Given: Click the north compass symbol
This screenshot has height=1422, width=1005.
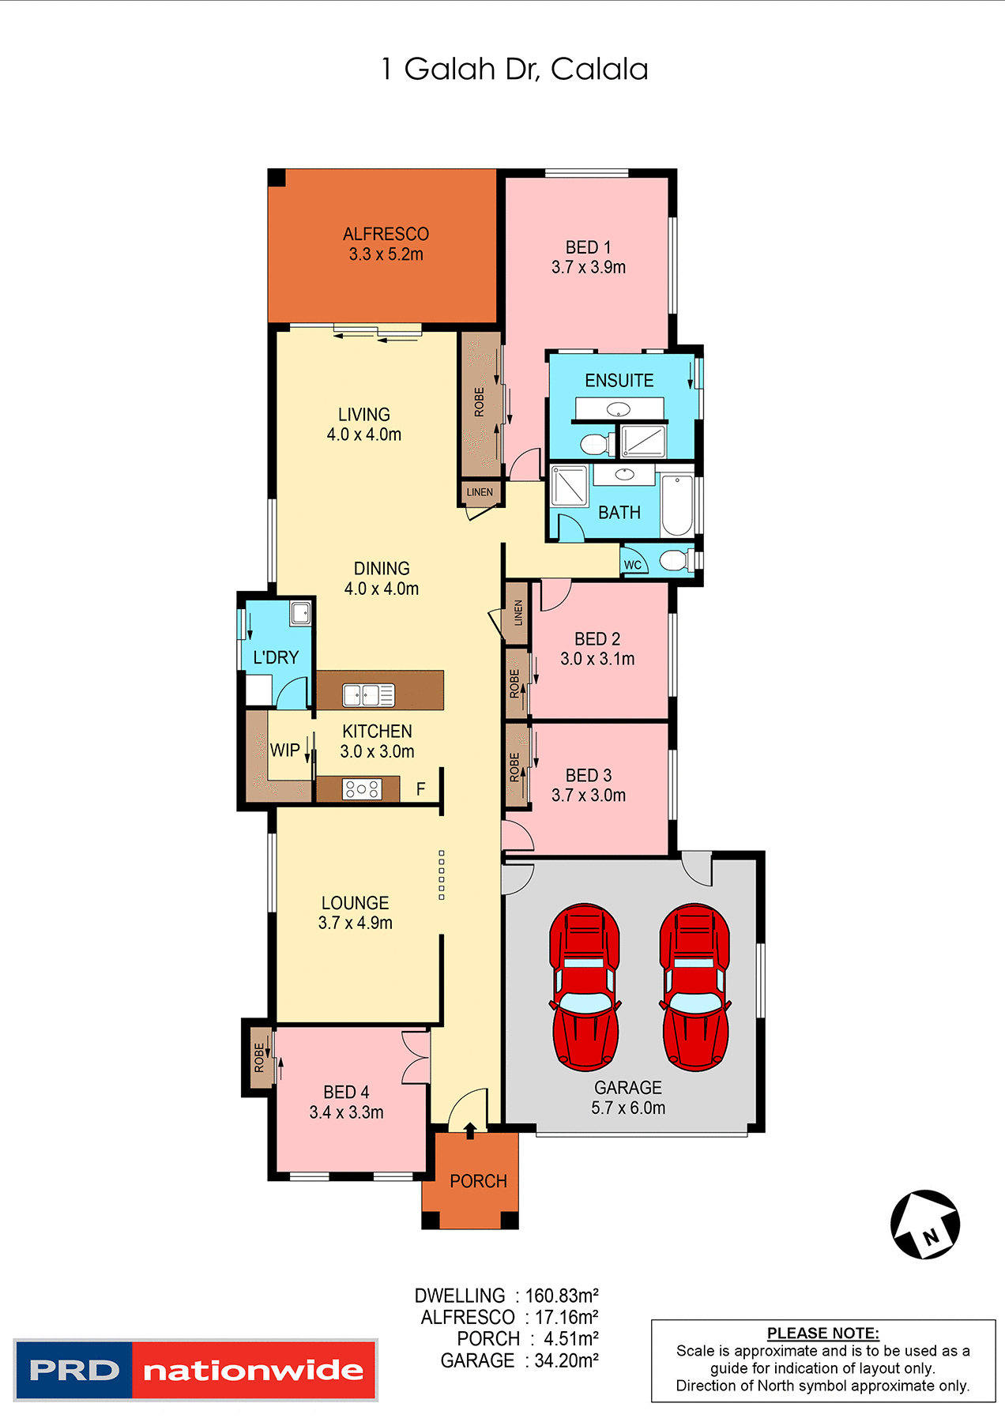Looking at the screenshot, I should pyautogui.click(x=925, y=1224).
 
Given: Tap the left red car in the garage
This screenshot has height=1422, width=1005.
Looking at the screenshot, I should pyautogui.click(x=585, y=987).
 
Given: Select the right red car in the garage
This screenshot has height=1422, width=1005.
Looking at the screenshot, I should pyautogui.click(x=695, y=987).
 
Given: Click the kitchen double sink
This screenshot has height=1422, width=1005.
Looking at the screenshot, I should pyautogui.click(x=368, y=695).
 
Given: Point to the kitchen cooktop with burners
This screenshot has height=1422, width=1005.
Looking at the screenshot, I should pyautogui.click(x=362, y=788).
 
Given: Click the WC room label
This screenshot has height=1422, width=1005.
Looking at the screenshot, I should pyautogui.click(x=633, y=565).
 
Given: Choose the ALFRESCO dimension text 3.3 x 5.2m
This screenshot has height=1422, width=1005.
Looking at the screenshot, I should pyautogui.click(x=386, y=254).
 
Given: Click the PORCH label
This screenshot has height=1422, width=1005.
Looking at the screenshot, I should pyautogui.click(x=478, y=1181).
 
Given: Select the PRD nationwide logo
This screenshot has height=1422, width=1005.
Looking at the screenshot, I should pyautogui.click(x=196, y=1370).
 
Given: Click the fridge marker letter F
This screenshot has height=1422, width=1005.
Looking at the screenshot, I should pyautogui.click(x=421, y=789).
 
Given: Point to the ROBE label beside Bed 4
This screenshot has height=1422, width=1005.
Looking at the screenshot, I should pyautogui.click(x=259, y=1058).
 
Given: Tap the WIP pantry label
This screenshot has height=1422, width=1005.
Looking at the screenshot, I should pyautogui.click(x=284, y=750).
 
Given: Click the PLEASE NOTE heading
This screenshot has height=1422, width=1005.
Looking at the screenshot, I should pyautogui.click(x=822, y=1333).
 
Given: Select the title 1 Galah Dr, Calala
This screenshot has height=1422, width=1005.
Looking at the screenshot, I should pyautogui.click(x=514, y=70).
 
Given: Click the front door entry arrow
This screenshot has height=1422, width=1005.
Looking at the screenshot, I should pyautogui.click(x=470, y=1130).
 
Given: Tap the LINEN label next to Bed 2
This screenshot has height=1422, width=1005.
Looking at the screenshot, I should pyautogui.click(x=518, y=612).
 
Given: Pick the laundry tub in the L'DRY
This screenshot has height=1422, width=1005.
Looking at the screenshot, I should pyautogui.click(x=300, y=613).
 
